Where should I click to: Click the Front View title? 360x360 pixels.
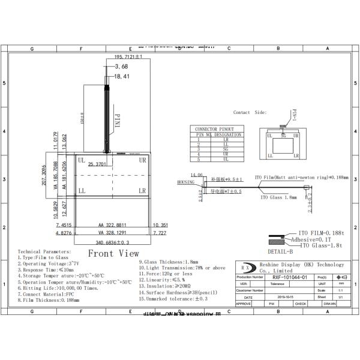[x=113, y=253]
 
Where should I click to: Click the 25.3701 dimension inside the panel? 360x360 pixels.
[x=97, y=164]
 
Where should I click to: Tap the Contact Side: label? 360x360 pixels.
[x=250, y=112]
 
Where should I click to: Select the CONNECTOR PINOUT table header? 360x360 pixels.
[x=215, y=129]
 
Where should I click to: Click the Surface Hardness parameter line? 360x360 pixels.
[x=177, y=292]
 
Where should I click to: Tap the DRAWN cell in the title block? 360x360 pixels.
[x=329, y=304]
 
